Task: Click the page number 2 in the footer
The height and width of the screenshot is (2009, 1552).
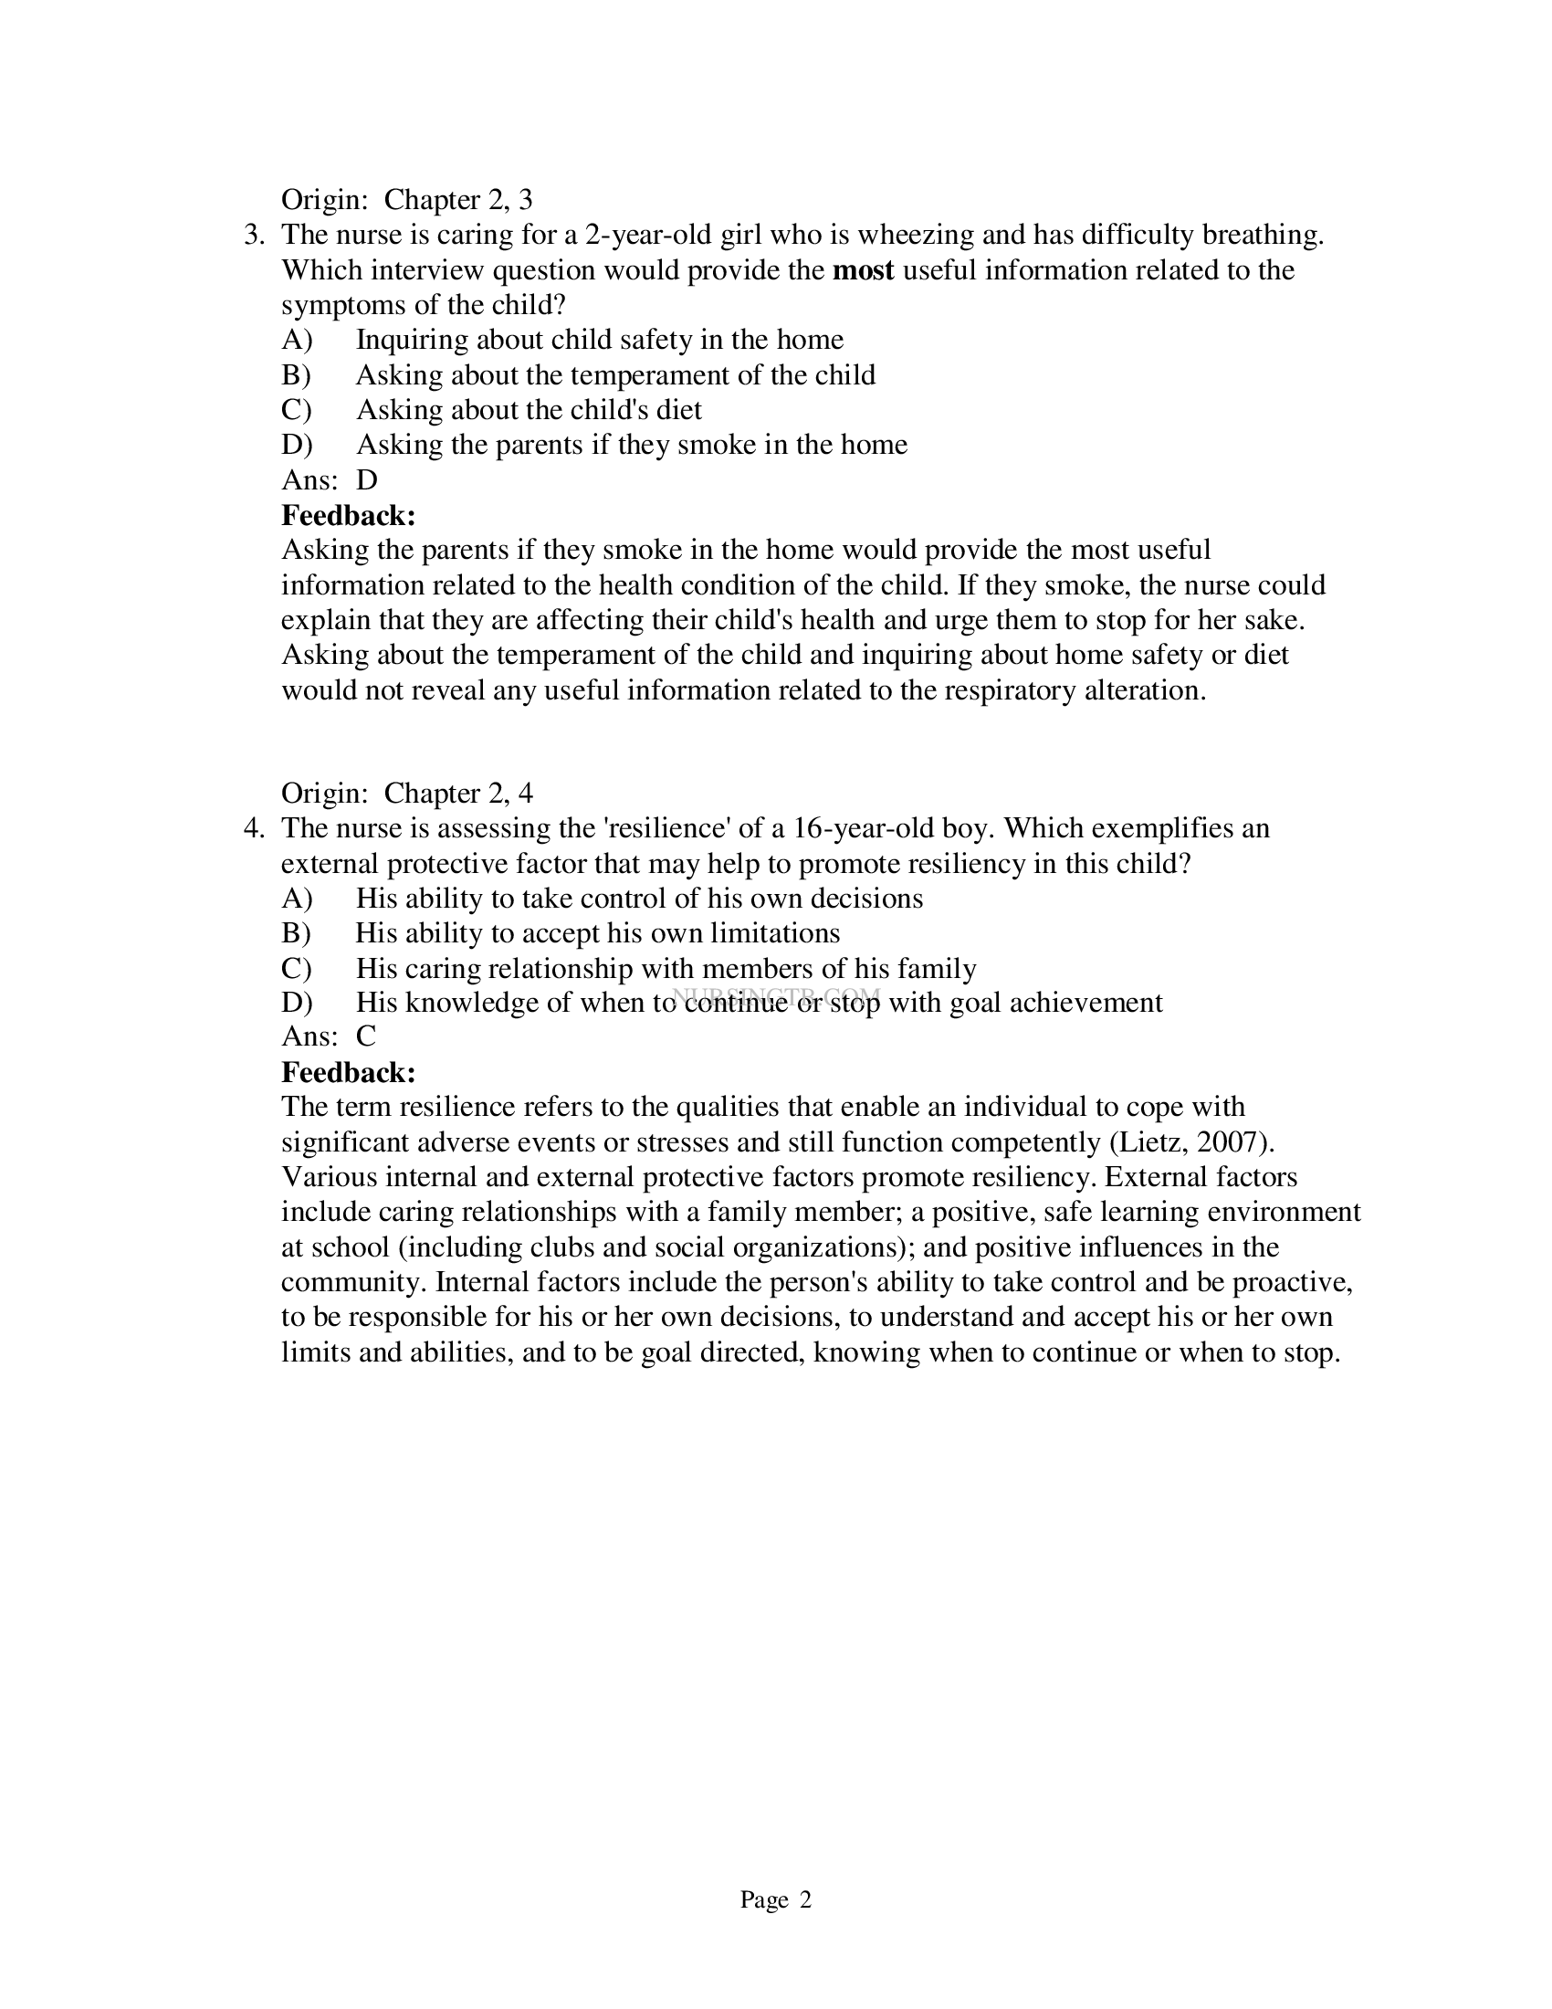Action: click(x=805, y=1900)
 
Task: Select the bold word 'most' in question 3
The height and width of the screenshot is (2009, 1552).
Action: click(x=863, y=270)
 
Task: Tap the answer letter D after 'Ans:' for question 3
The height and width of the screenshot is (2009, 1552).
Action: click(x=367, y=480)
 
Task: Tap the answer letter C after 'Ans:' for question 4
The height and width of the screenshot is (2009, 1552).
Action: click(x=366, y=1036)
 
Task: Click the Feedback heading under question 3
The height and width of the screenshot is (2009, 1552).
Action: click(x=349, y=515)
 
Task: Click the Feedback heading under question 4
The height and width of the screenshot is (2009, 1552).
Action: click(x=349, y=1073)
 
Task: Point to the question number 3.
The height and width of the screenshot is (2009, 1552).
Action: click(x=253, y=236)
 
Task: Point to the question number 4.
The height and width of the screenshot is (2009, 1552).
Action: click(x=253, y=829)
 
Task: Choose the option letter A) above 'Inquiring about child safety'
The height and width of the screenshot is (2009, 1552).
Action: click(x=297, y=341)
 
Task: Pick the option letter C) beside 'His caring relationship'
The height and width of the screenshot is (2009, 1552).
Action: click(x=297, y=969)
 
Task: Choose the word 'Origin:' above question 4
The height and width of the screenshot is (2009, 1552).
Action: click(x=324, y=794)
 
